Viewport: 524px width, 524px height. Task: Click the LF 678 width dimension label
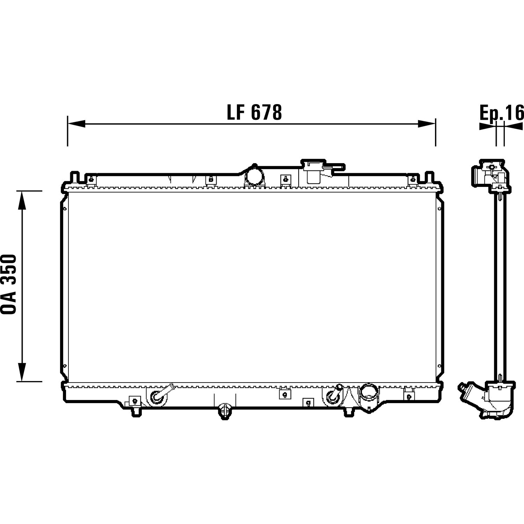[x=254, y=112]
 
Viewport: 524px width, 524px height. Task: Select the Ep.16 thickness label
[x=502, y=113]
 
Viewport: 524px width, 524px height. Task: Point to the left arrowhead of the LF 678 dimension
[x=76, y=123]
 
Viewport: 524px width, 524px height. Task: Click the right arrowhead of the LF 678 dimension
[x=427, y=123]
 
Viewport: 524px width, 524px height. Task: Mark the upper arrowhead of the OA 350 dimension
[x=22, y=200]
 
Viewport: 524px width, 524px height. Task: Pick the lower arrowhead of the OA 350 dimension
[x=22, y=372]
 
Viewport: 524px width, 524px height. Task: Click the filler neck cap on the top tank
[x=314, y=172]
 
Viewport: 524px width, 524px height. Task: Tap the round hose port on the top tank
[x=254, y=176]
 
